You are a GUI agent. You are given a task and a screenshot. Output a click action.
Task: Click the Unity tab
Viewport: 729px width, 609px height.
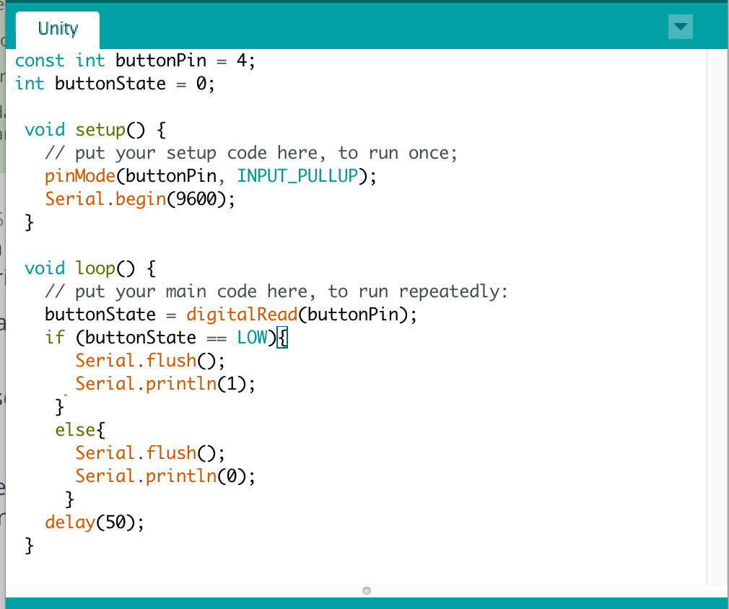pos(58,29)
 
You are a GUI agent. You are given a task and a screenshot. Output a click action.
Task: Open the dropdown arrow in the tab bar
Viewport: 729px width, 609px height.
pos(681,27)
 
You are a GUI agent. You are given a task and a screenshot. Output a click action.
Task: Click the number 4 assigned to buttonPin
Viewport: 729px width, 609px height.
pos(243,61)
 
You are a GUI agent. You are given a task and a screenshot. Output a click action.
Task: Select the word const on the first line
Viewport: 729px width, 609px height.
pos(40,61)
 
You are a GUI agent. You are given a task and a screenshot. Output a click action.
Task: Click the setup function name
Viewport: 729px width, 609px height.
pos(100,130)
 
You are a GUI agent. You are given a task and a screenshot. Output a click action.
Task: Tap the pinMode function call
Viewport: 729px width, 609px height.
pos(75,176)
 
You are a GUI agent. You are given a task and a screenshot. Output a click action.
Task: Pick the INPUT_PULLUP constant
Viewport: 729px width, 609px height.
pos(297,176)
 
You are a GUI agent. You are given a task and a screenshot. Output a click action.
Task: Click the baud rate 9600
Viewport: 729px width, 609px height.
pos(197,199)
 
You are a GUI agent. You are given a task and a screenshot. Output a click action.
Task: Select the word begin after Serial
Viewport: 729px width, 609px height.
pos(141,199)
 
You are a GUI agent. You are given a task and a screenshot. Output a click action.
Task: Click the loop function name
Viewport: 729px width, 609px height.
pos(95,268)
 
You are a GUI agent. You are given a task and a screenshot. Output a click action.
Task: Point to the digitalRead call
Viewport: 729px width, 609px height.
pos(241,315)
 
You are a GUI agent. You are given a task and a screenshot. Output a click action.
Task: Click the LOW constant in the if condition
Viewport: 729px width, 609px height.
pos(252,338)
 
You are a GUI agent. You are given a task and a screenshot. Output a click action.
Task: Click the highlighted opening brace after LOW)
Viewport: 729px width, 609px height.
pos(282,338)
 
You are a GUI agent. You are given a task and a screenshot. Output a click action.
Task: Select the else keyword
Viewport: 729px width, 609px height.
pos(75,430)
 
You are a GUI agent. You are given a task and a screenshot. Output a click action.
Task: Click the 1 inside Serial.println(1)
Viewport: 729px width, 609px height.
pos(232,384)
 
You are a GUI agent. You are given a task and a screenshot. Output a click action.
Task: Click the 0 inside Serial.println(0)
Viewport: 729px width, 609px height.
pos(232,476)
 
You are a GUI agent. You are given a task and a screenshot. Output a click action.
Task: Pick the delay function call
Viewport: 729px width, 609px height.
pos(70,522)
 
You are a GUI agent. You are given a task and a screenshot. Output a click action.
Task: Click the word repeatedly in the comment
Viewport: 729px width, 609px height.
pos(453,292)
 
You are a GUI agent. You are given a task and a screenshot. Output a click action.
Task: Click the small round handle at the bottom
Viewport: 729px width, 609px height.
pos(366,591)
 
